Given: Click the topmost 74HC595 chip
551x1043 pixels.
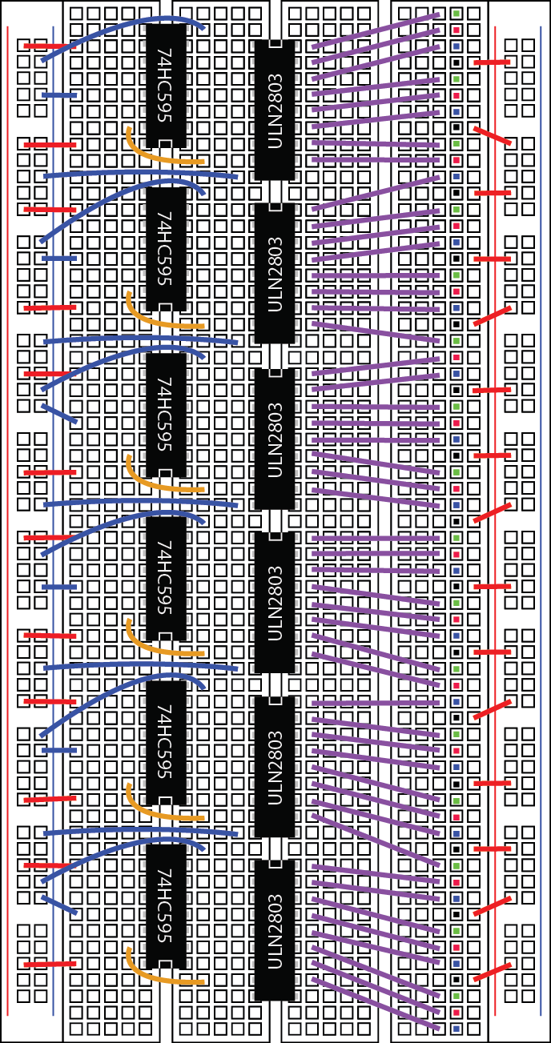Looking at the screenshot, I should [x=166, y=85].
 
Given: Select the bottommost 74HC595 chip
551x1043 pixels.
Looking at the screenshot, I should [x=166, y=906].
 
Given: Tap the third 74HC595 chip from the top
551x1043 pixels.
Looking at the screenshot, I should [x=166, y=414].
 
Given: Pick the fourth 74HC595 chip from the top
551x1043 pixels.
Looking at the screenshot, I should [x=166, y=578].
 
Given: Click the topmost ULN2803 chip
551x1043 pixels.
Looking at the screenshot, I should [x=275, y=110].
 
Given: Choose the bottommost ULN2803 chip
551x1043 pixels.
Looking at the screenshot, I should [x=275, y=930].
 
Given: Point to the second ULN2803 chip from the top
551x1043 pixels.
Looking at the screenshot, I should [x=275, y=274].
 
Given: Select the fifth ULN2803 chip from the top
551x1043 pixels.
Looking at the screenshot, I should [x=275, y=766].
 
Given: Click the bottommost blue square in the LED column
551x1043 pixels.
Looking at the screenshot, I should [x=456, y=1028].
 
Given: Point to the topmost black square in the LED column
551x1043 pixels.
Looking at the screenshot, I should [x=456, y=62].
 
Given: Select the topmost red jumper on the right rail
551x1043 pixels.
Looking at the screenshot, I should [x=491, y=62].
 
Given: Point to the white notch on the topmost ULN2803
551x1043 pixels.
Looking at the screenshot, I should [x=275, y=45].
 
